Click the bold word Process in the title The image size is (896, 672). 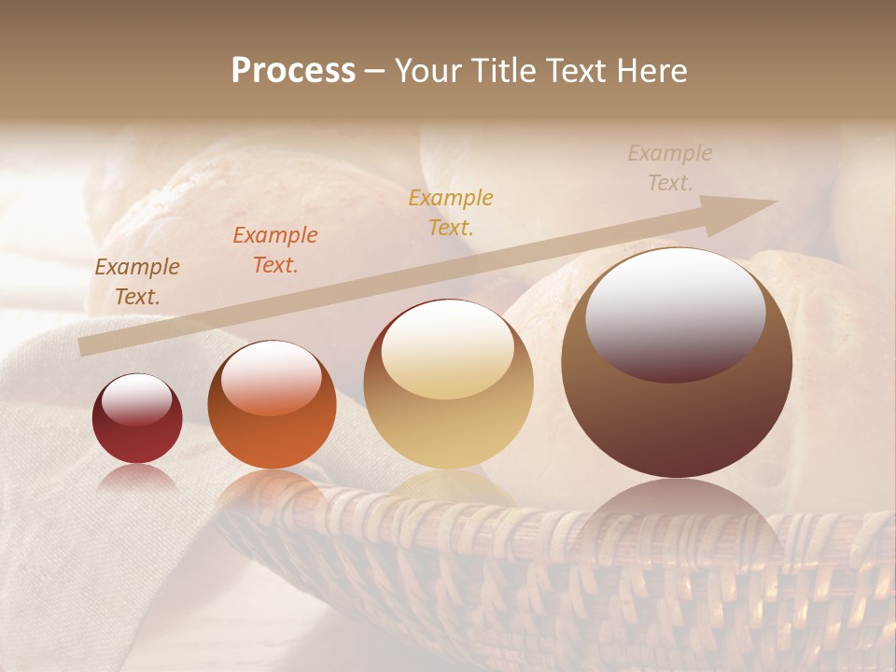tap(293, 71)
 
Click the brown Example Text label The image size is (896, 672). tap(137, 282)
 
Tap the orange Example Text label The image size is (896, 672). tap(275, 250)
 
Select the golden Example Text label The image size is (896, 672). tap(451, 212)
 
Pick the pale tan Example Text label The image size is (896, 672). tap(670, 167)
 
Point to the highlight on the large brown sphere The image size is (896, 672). tap(675, 315)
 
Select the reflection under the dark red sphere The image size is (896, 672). tap(137, 477)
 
